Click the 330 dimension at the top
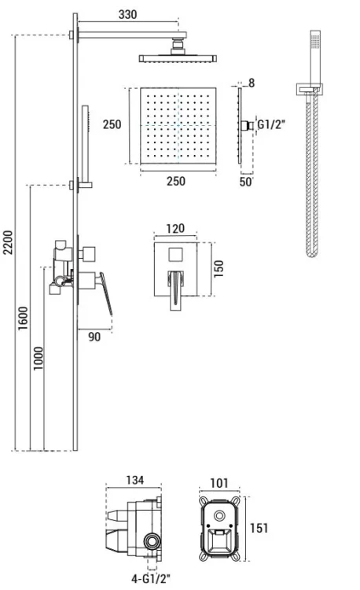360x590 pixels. pos(127,14)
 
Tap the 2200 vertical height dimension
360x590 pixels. pos(8,243)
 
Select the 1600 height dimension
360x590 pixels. pos(23,319)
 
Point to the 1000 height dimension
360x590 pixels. pos(38,359)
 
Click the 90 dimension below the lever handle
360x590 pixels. pos(94,337)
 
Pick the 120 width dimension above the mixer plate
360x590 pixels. pos(175,228)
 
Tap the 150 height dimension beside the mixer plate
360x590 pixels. pos(219,269)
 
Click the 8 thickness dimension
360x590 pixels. pos(252,83)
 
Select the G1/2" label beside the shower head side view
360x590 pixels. pos(271,124)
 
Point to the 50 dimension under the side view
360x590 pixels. pos(245,182)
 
